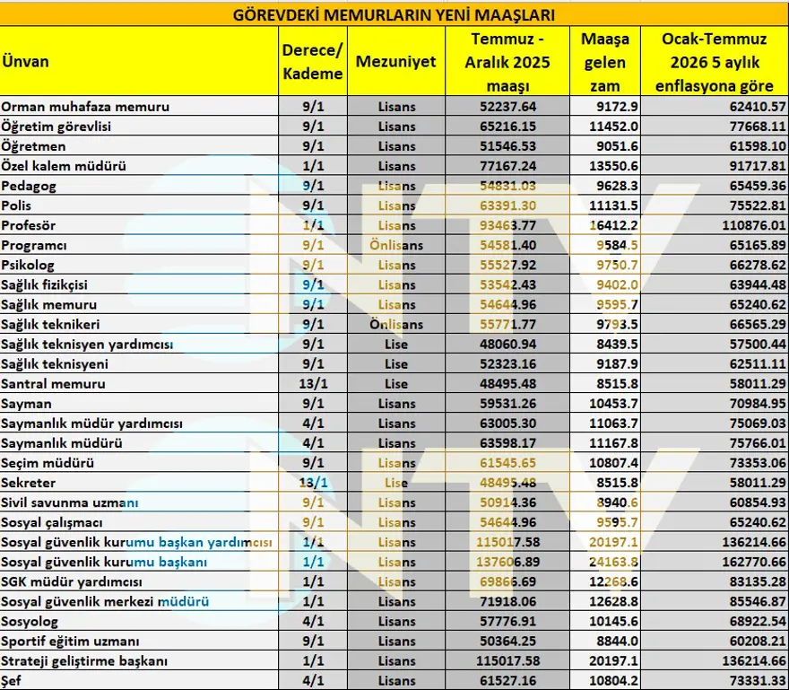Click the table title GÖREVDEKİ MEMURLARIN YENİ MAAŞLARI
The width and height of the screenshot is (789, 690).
pos(394,15)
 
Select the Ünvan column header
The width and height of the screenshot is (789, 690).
pos(25,62)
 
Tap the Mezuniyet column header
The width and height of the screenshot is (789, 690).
pos(395,62)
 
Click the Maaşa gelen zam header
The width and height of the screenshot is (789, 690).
pos(605,62)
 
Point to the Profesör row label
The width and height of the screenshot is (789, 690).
pos(29,225)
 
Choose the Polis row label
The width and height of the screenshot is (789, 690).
pos(17,205)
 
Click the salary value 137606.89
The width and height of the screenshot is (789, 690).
pos(508,562)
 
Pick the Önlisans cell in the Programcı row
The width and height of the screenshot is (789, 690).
pos(395,245)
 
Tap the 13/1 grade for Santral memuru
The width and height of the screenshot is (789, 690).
pos(312,384)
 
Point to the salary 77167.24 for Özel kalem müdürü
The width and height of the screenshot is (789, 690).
pos(508,166)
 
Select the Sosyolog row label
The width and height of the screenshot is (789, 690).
pos(30,621)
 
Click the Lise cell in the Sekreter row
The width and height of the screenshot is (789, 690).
pos(395,483)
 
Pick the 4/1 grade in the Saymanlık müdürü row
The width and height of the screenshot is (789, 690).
pos(312,443)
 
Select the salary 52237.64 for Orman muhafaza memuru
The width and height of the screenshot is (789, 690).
pos(508,107)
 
